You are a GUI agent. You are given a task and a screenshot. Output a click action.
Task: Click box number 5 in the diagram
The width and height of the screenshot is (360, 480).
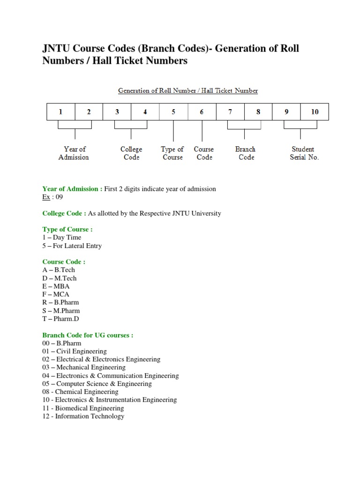173,112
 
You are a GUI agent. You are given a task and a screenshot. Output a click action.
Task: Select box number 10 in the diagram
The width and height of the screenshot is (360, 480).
315,112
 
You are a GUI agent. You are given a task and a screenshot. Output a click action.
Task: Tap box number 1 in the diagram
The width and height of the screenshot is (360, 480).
60,112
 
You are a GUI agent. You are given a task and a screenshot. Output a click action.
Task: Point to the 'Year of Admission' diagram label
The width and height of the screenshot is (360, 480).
74,153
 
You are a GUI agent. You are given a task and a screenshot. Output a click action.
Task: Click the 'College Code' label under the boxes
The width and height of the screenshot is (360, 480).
131,153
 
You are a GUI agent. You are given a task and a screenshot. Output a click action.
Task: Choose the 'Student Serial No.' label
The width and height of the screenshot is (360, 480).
304,153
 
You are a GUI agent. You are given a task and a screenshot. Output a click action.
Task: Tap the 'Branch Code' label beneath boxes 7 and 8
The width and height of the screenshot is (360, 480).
246,153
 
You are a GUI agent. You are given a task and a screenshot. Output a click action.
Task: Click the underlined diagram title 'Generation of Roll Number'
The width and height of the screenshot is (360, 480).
187,90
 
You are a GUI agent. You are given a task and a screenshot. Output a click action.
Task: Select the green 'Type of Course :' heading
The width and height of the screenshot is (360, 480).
67,229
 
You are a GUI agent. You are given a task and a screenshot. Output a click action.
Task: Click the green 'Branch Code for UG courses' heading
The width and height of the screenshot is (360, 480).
88,335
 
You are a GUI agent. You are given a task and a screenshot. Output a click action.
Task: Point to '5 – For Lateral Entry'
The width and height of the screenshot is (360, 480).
72,246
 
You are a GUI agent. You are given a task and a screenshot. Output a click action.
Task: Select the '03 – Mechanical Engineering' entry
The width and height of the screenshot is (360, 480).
84,367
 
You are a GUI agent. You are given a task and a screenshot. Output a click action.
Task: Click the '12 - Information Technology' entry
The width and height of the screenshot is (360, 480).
83,416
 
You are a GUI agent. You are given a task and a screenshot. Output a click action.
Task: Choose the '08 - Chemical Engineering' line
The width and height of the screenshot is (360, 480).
80,391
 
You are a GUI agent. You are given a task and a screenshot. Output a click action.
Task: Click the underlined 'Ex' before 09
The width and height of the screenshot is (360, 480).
46,197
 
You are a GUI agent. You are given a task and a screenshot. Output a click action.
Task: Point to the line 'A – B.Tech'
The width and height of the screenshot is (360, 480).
59,270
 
